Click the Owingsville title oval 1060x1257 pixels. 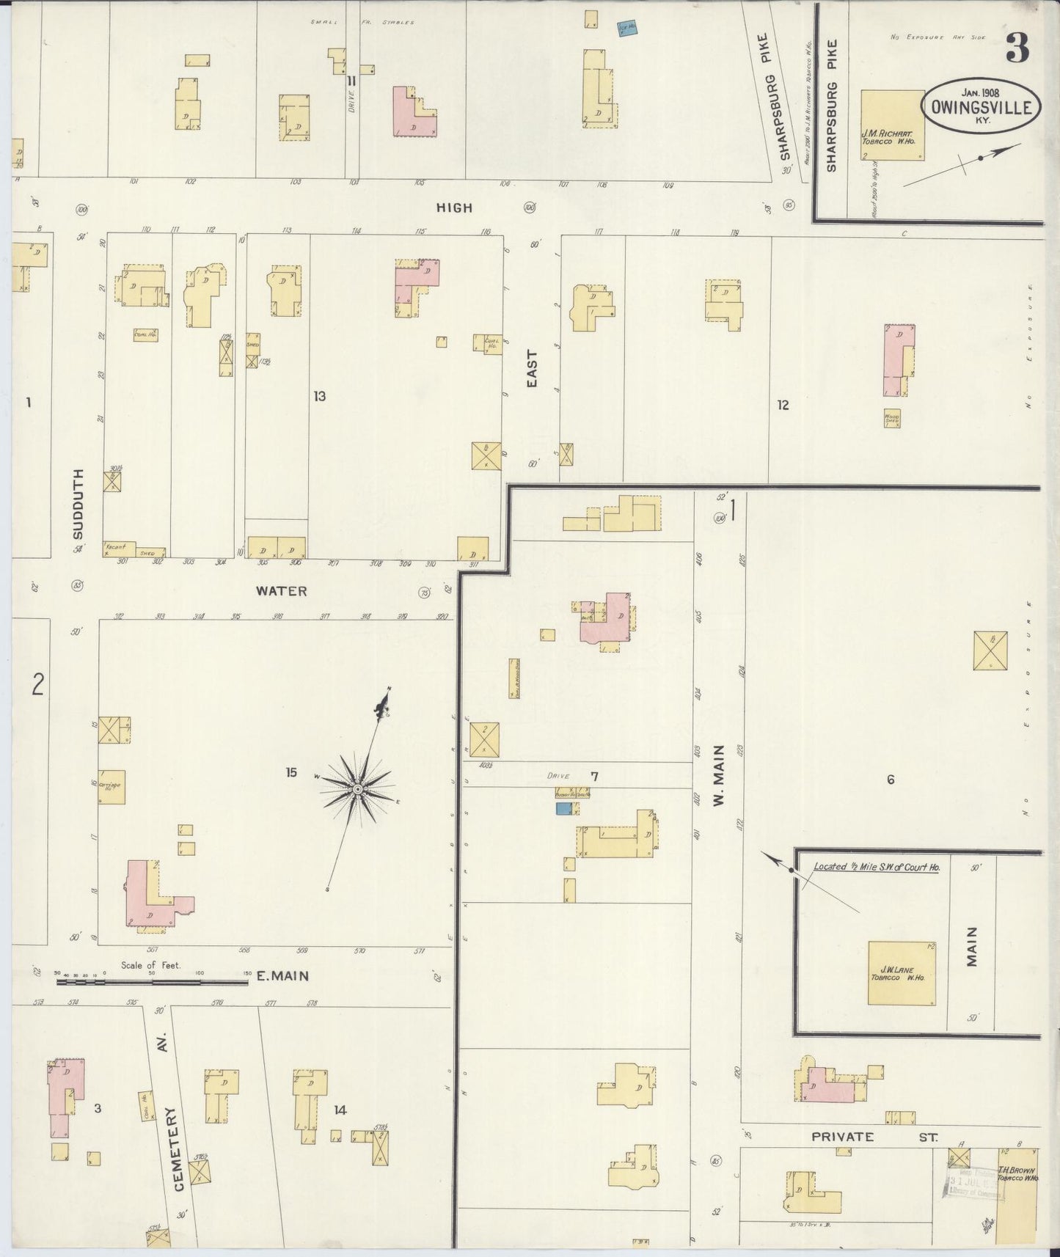(x=981, y=106)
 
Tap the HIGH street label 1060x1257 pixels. (x=454, y=208)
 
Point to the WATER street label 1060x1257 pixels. (x=282, y=590)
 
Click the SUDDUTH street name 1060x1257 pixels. (x=78, y=504)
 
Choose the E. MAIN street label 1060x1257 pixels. (x=282, y=976)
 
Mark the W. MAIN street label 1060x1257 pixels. (x=719, y=774)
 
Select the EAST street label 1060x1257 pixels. (x=532, y=369)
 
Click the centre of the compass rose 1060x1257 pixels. (x=357, y=789)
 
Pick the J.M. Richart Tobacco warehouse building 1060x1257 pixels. (x=892, y=125)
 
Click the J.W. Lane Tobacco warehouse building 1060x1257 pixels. (x=902, y=973)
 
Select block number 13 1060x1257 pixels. (x=319, y=397)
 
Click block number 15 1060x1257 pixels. (x=291, y=772)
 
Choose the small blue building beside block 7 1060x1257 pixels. (x=563, y=808)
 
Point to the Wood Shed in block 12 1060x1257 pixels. (x=892, y=418)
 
